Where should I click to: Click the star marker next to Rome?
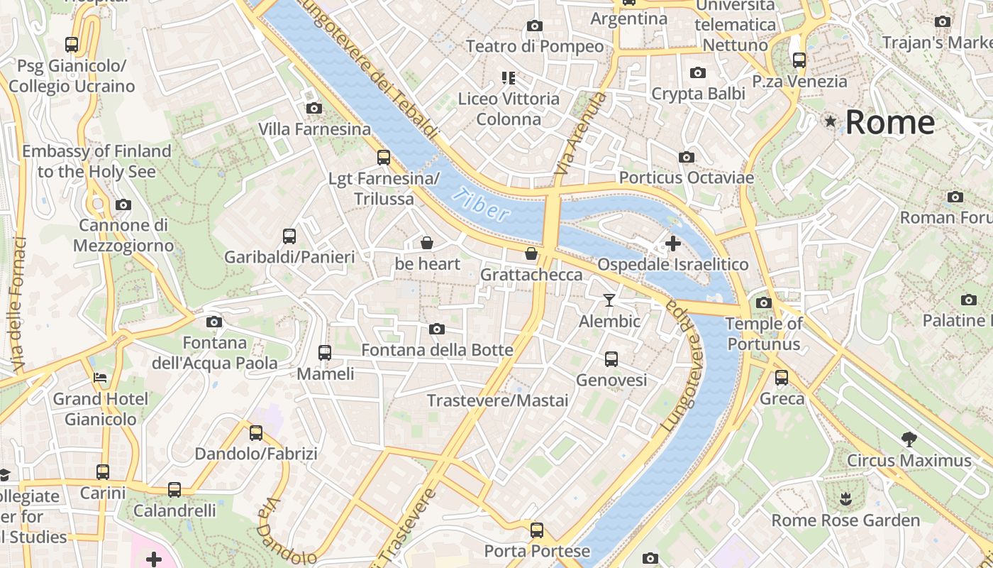tap(831, 122)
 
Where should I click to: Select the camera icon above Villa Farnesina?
tap(314, 109)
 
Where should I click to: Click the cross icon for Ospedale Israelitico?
tap(672, 244)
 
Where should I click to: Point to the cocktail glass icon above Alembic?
tap(609, 300)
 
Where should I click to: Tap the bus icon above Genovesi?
tap(611, 359)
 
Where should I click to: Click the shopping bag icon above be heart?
tap(427, 244)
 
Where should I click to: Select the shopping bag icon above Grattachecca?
tap(531, 253)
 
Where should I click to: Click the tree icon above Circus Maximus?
tap(909, 439)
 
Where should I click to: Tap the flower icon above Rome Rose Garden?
tap(845, 499)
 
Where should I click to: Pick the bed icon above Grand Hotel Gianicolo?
tap(100, 378)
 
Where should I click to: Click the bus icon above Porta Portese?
tap(537, 530)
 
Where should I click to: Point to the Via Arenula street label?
tap(581, 133)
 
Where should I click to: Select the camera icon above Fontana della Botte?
tap(437, 329)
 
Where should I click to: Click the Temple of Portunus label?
tap(763, 334)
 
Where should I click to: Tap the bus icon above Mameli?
tap(325, 352)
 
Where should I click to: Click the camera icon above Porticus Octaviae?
tap(686, 157)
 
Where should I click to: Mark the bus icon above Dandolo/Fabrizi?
tap(256, 432)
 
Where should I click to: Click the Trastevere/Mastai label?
tap(497, 400)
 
